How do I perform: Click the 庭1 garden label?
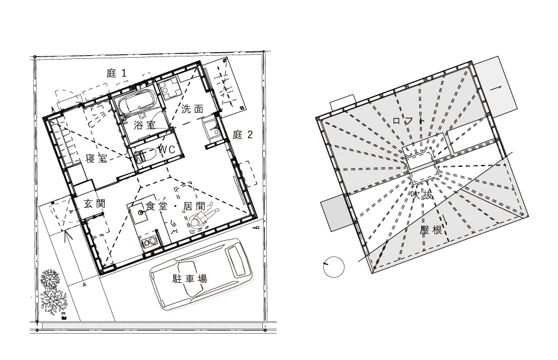point(116,73)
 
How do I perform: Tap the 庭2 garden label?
point(243,134)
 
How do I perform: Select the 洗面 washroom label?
point(192,109)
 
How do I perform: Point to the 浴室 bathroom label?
point(145,125)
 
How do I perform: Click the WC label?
point(167,150)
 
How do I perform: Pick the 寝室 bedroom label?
point(96,158)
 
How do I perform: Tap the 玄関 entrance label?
point(94,203)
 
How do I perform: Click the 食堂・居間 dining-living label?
point(175,206)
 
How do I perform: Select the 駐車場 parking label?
point(190,278)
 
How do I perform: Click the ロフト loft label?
point(409,120)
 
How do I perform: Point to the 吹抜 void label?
point(422,195)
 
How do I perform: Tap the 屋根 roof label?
point(431,230)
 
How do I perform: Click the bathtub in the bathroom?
point(136,102)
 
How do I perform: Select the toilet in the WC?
point(145,156)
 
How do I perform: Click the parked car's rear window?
point(235,260)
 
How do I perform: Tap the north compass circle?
point(334,267)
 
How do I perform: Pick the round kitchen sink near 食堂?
point(140,213)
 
